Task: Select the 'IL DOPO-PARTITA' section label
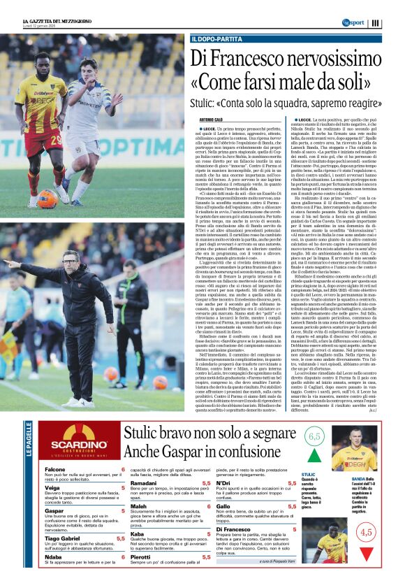click(214, 40)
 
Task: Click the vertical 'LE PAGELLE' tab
click(29, 440)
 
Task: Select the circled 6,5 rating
click(314, 437)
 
